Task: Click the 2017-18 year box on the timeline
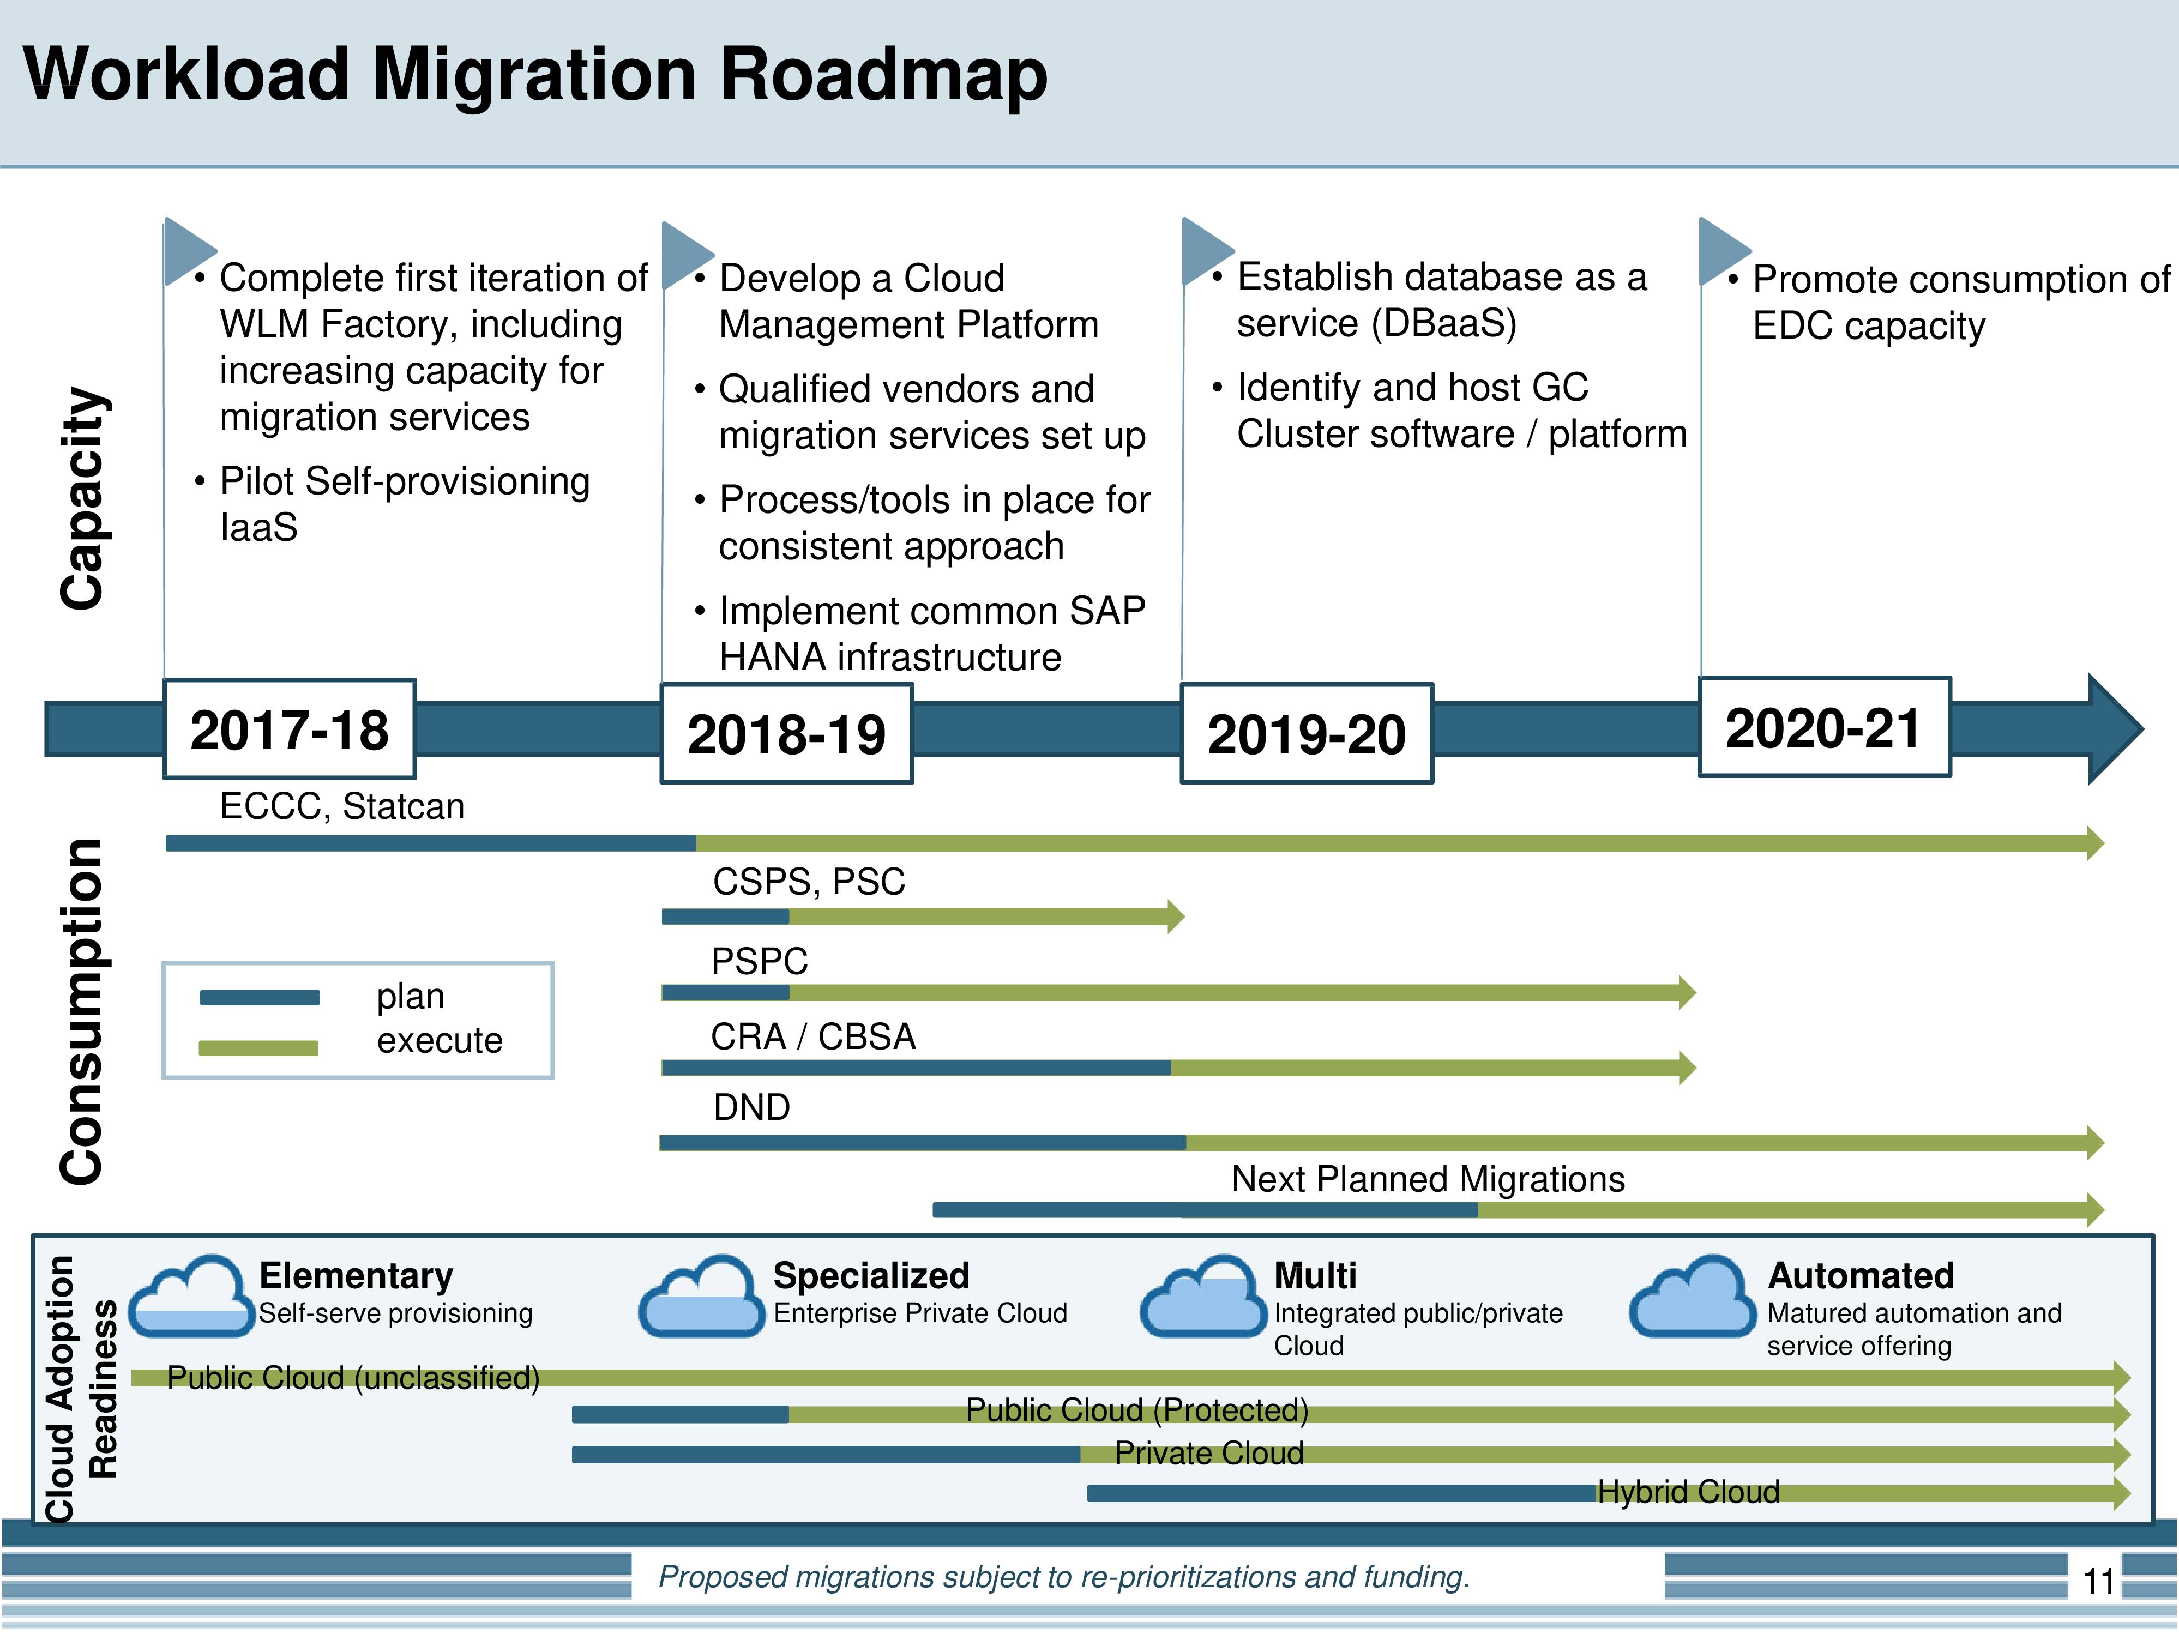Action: (290, 729)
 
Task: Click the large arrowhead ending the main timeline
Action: (2113, 729)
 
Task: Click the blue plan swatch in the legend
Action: (259, 998)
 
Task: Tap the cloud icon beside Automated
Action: (1693, 1295)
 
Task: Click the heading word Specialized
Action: (871, 1275)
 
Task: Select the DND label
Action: (751, 1107)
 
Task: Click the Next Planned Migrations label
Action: (1428, 1179)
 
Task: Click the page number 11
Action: (2098, 1582)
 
